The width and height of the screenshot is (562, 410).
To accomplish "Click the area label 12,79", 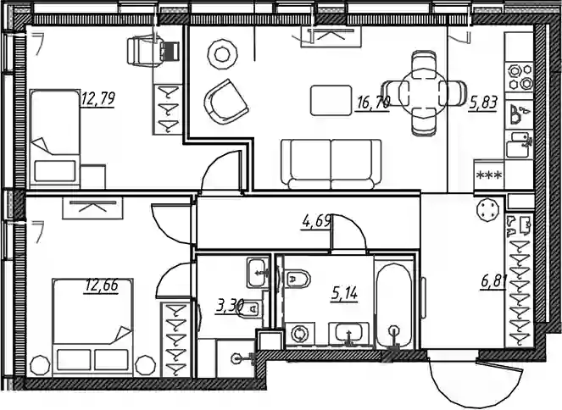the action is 97,99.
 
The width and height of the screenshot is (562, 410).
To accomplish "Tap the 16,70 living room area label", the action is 373,104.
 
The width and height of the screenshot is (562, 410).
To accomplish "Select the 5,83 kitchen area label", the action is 483,103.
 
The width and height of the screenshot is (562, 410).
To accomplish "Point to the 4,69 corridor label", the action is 316,222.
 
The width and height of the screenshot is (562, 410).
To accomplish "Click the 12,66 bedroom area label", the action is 102,285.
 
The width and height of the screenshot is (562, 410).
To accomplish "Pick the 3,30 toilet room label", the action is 230,307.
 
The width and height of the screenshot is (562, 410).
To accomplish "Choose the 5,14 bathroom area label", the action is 344,294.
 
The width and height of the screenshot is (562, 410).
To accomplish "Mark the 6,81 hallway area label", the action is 493,282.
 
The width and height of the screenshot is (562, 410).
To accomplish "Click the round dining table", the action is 423,94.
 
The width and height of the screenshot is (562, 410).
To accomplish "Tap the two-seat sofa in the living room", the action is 331,164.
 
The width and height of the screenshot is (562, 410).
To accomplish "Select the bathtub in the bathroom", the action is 394,305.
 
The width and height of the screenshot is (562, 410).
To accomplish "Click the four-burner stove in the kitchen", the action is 519,77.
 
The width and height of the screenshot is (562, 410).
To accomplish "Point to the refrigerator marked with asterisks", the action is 489,175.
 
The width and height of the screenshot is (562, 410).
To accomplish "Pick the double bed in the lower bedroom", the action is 93,328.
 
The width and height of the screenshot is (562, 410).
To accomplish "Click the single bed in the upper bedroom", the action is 55,138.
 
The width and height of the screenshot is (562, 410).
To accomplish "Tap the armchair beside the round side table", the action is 225,102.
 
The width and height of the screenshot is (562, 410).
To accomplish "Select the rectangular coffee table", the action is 331,100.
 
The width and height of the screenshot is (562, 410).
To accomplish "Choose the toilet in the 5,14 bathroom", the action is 298,279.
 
